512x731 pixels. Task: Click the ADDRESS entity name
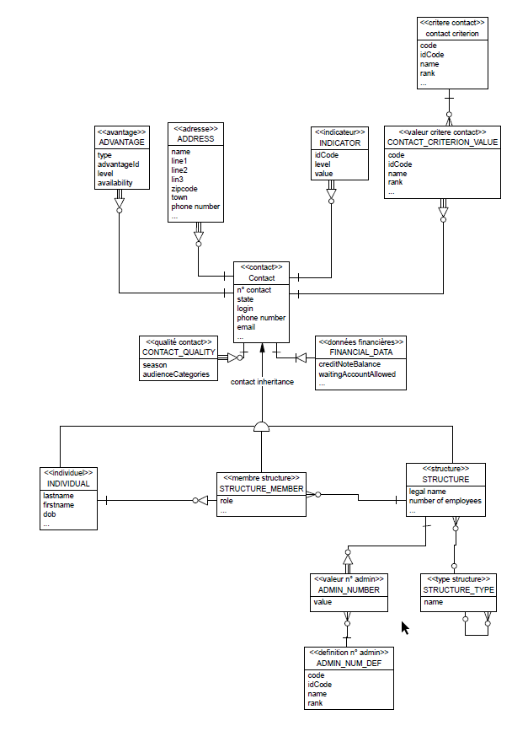pos(195,138)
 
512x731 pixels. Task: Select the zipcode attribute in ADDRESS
pos(184,189)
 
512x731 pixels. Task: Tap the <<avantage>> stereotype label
pos(121,132)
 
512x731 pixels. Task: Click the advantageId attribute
pos(118,164)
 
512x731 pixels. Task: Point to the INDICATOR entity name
pos(340,143)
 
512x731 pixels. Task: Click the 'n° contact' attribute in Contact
pos(254,290)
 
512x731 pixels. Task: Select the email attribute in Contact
pos(246,327)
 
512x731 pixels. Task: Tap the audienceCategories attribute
pos(176,374)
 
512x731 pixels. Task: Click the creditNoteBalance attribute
pos(349,364)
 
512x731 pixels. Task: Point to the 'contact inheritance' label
pos(262,382)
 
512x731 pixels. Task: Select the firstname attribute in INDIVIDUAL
pos(60,506)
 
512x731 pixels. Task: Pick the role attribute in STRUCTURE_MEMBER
pos(227,501)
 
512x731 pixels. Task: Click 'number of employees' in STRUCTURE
pos(445,501)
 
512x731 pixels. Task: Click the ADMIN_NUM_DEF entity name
pos(348,664)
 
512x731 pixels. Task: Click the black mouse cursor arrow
pos(405,628)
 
